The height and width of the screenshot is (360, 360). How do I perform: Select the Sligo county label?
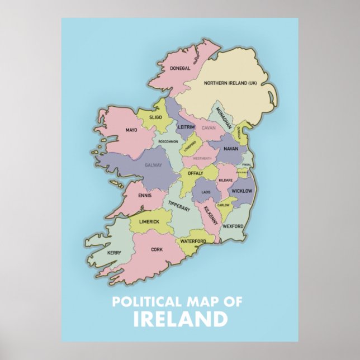(x=155, y=117)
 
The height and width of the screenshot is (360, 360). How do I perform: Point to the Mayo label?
(x=131, y=130)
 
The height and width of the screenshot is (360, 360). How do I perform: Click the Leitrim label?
(x=186, y=127)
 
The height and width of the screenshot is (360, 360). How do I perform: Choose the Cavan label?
(x=208, y=128)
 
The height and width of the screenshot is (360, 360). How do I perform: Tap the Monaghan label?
(x=224, y=117)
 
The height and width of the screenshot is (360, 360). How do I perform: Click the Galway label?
(x=153, y=165)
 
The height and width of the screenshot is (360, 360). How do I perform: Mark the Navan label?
(x=230, y=149)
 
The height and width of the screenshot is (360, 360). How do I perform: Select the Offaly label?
(x=195, y=173)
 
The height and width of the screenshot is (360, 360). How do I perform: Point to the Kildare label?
(x=225, y=180)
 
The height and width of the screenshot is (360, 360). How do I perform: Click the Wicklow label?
(x=241, y=191)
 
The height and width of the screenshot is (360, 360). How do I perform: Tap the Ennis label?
(x=145, y=197)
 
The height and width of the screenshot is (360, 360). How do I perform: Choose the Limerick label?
(x=149, y=222)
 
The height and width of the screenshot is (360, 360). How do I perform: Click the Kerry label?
(x=114, y=253)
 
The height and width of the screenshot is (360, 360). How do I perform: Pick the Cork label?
(x=157, y=250)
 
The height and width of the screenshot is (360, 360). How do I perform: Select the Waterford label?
(x=193, y=241)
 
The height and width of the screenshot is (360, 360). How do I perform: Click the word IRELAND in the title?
(x=180, y=320)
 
